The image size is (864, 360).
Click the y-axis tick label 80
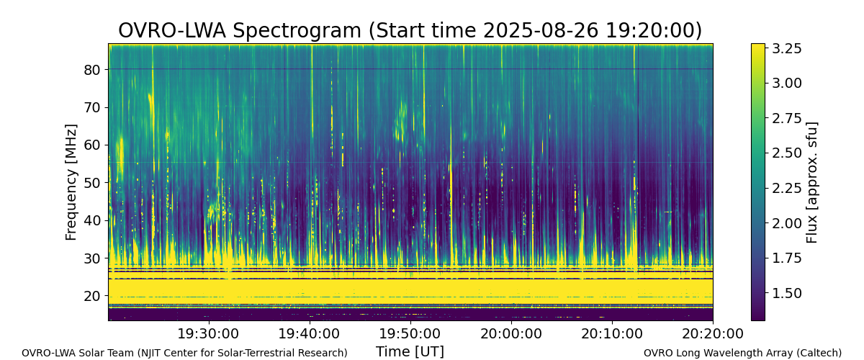(x=92, y=70)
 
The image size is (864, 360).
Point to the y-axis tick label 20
(x=92, y=297)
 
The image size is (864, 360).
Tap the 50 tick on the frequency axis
(x=92, y=183)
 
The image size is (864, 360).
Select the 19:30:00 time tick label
(x=209, y=334)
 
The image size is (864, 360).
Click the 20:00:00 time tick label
(x=511, y=334)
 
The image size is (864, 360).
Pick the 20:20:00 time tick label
(x=713, y=334)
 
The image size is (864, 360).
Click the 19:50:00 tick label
(x=410, y=334)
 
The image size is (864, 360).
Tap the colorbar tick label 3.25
(x=786, y=49)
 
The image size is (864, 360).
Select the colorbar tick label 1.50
(x=786, y=293)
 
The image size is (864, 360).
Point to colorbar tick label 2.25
(x=786, y=189)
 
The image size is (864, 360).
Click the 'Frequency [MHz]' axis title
(x=71, y=182)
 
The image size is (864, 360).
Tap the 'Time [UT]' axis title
(x=410, y=351)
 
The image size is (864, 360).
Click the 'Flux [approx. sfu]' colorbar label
(x=812, y=182)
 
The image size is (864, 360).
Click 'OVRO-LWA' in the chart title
(x=172, y=31)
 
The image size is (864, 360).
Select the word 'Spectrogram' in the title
(x=297, y=32)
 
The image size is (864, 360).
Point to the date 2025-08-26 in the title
(x=541, y=31)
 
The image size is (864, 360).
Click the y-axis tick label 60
(x=92, y=145)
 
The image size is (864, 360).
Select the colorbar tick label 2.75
(x=786, y=119)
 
